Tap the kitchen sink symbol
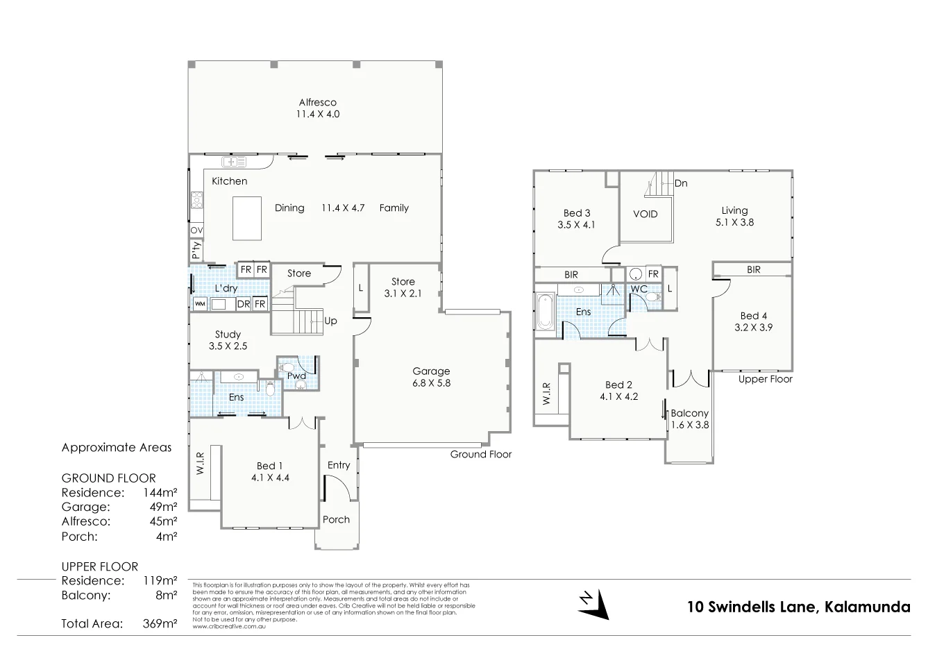[x=234, y=162]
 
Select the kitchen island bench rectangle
[x=246, y=218]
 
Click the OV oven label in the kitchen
[x=196, y=230]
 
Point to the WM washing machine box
[x=199, y=303]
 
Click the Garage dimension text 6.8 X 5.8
[x=431, y=382]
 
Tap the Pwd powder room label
[x=297, y=376]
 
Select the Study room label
[x=228, y=334]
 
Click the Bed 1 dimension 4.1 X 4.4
[x=270, y=478]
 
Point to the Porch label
[x=337, y=519]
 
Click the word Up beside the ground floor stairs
[x=331, y=321]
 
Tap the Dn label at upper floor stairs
[x=681, y=183]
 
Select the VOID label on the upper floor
[x=645, y=214]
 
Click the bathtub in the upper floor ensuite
[x=544, y=312]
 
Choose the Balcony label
[x=689, y=413]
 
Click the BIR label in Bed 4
[x=753, y=269]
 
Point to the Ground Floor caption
[x=480, y=454]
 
